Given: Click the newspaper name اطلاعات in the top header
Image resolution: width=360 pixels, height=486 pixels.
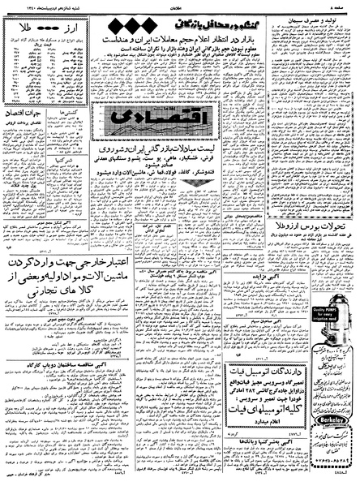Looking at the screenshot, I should pos(178,4).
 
